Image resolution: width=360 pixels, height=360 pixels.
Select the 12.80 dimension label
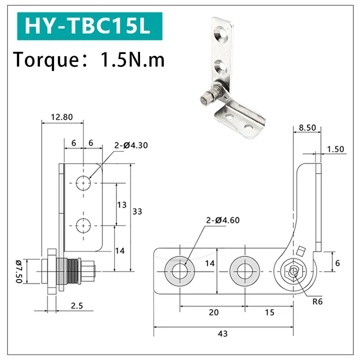pyautogui.click(x=61, y=117)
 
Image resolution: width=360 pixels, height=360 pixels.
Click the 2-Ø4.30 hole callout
pyautogui.click(x=131, y=145)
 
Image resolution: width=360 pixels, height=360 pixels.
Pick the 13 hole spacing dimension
pyautogui.click(x=121, y=205)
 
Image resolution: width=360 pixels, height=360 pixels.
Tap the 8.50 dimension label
pyautogui.click(x=307, y=128)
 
